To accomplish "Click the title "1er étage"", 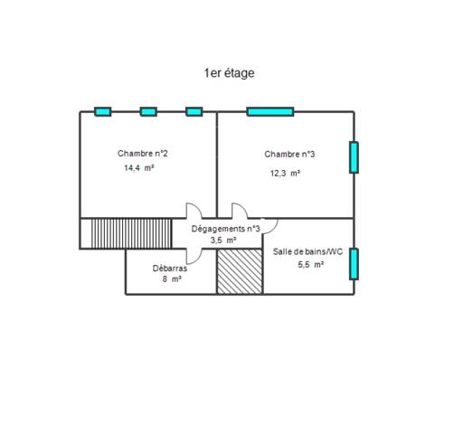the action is [229, 73].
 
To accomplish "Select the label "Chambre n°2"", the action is [143, 154].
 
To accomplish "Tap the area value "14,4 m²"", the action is [139, 167].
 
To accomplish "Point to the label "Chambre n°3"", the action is [289, 155].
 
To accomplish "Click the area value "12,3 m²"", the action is [285, 174].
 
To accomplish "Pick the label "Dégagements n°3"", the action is [226, 229].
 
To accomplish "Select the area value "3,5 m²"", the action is [223, 241].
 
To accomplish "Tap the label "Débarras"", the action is [170, 269].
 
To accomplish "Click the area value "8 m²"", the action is [172, 279].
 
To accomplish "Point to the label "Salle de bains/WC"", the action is [307, 251].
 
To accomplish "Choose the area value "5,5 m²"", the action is [311, 264].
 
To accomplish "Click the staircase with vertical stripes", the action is [131, 233].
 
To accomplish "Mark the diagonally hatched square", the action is [240, 271].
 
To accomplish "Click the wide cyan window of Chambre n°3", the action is [270, 112].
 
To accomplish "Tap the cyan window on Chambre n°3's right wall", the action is [354, 157].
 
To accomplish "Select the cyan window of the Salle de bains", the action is [354, 264].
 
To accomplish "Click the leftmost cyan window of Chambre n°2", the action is [103, 112].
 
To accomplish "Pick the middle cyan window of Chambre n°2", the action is [148, 112].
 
